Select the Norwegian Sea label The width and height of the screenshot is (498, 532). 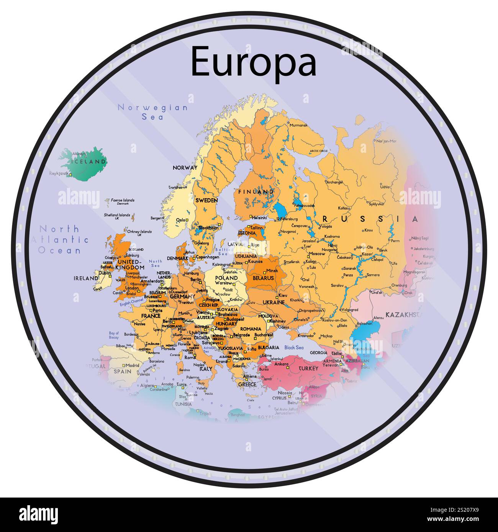(153, 112)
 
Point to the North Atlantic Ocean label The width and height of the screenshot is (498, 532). (60, 240)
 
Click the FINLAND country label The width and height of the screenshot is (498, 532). (256, 192)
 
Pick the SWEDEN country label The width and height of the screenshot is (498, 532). (206, 200)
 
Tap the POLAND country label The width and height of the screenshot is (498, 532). (226, 278)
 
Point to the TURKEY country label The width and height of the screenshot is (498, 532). (308, 369)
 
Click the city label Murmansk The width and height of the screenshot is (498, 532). (299, 125)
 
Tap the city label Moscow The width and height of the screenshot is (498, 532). (317, 254)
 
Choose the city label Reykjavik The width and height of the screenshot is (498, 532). (59, 173)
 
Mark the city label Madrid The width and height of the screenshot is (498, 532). (132, 365)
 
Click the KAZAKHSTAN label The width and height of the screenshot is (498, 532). (405, 315)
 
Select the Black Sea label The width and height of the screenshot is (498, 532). (294, 348)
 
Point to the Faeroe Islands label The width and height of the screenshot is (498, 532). (123, 200)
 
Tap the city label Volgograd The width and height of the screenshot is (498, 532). (349, 310)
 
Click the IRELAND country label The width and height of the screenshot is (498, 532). (86, 278)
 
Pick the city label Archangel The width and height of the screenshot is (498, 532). (334, 183)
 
